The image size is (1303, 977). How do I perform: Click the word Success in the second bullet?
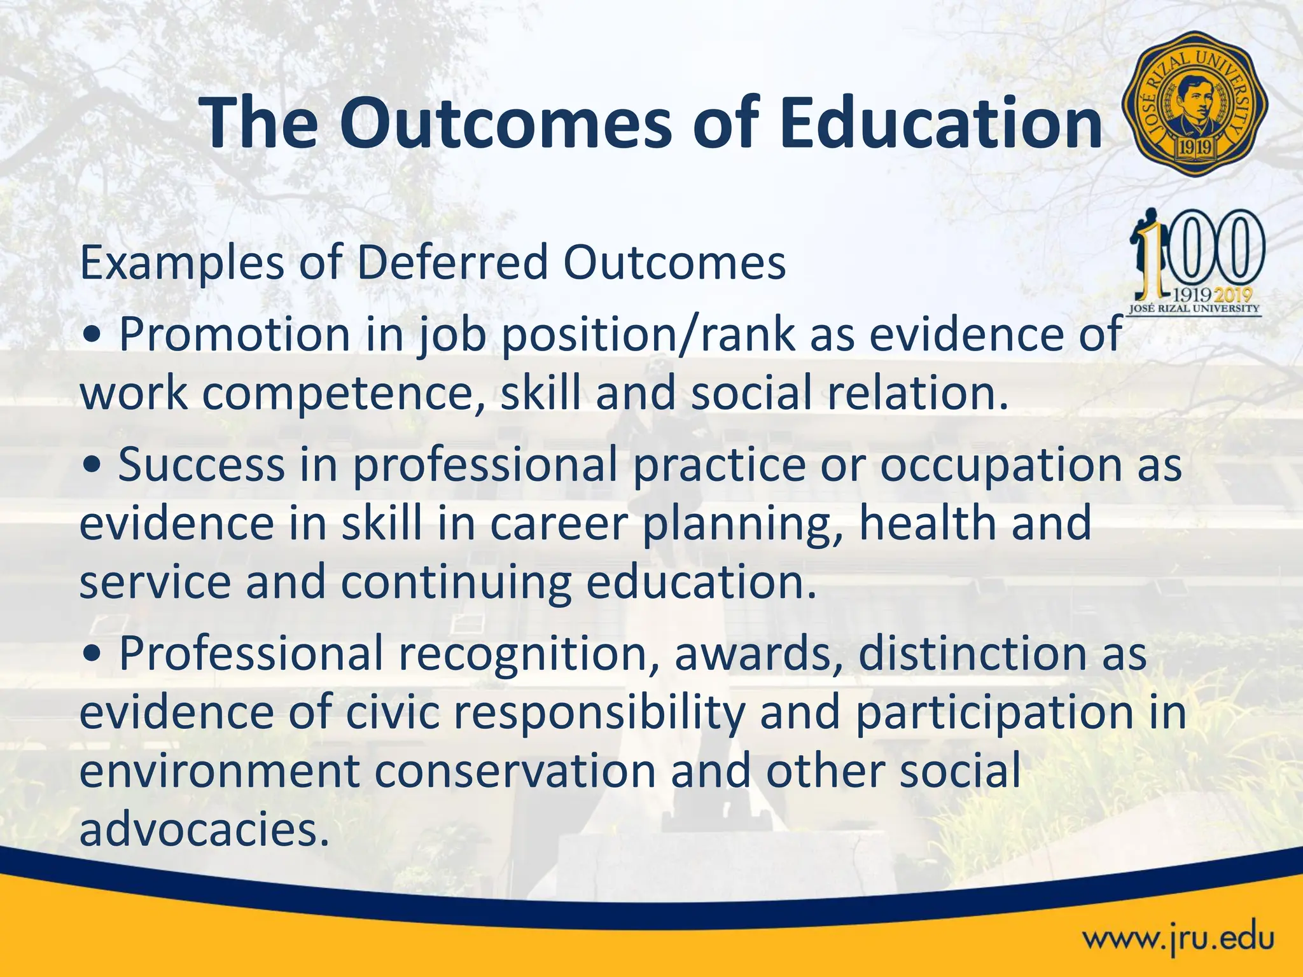201,464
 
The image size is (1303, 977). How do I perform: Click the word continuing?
456,583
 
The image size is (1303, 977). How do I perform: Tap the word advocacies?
204,829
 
